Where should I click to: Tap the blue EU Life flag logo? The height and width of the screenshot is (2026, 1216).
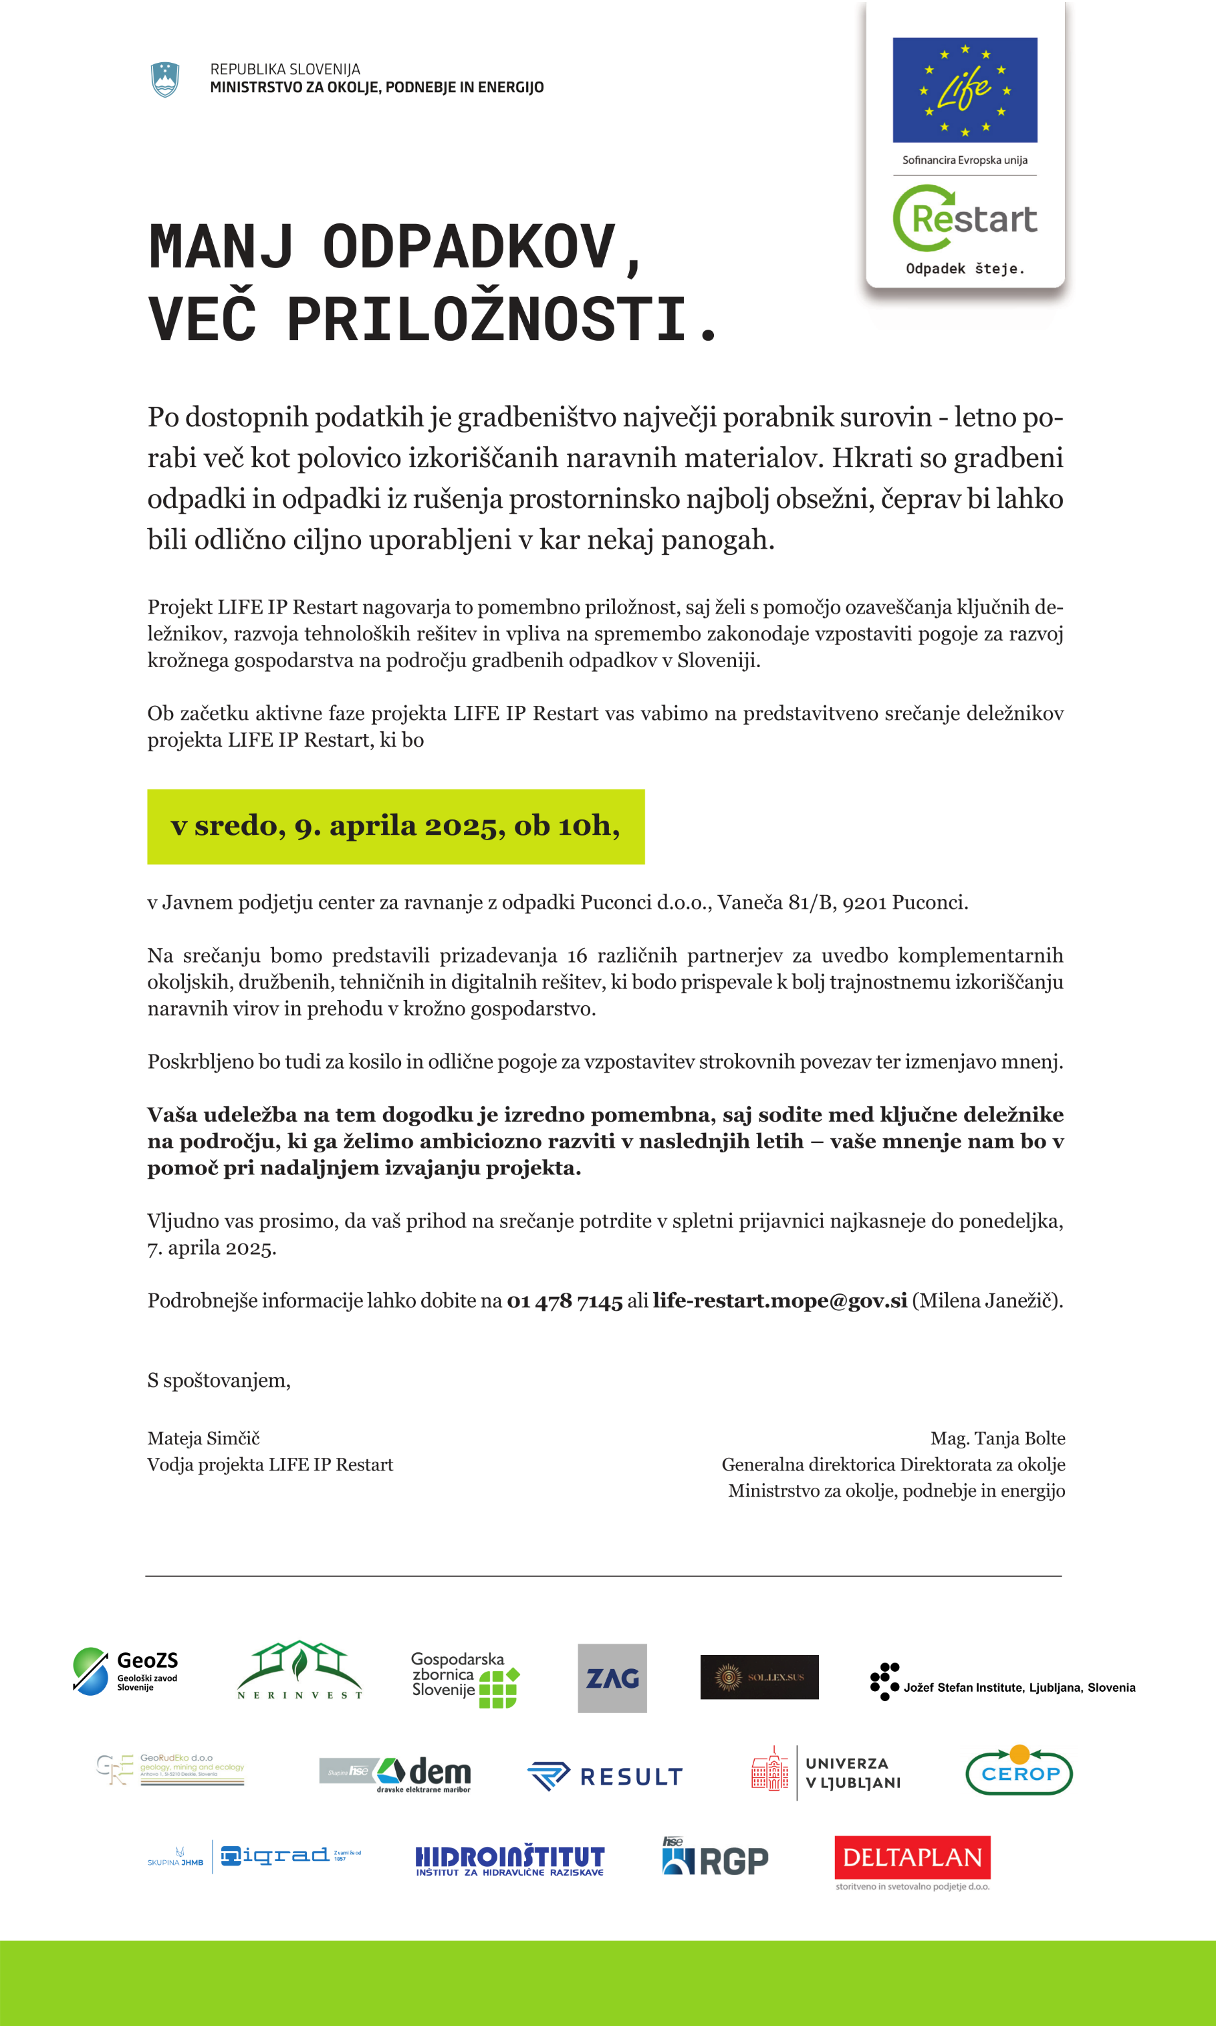965,90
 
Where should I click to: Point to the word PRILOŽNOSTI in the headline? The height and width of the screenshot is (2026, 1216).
487,319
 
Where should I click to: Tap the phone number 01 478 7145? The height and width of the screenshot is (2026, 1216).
565,1301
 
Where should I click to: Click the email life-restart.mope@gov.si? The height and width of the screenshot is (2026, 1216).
779,1301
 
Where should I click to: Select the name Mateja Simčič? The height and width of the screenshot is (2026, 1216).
203,1438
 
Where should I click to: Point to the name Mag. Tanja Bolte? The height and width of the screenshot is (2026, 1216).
997,1438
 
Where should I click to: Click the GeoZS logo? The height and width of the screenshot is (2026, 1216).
126,1670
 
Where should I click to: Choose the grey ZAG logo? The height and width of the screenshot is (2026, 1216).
612,1678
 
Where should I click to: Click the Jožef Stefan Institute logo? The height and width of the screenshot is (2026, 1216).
1002,1681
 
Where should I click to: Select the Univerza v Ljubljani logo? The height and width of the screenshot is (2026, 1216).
826,1773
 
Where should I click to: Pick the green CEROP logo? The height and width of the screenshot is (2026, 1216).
1019,1772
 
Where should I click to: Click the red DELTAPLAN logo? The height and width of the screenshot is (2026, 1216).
912,1858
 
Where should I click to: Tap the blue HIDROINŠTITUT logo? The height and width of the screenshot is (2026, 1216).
509,1860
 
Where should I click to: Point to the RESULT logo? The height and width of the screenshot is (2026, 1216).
606,1776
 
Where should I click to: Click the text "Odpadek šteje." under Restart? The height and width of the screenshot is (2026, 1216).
965,269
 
